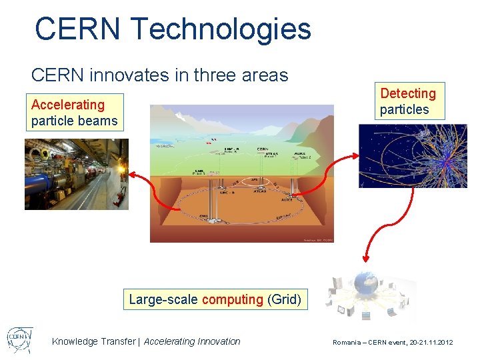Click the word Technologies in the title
(x=221, y=29)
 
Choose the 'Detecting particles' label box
(x=409, y=101)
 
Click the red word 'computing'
(x=233, y=299)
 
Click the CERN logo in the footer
(x=19, y=339)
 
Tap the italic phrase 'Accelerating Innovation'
(x=192, y=341)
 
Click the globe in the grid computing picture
(x=366, y=285)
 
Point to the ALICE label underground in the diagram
(x=286, y=199)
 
